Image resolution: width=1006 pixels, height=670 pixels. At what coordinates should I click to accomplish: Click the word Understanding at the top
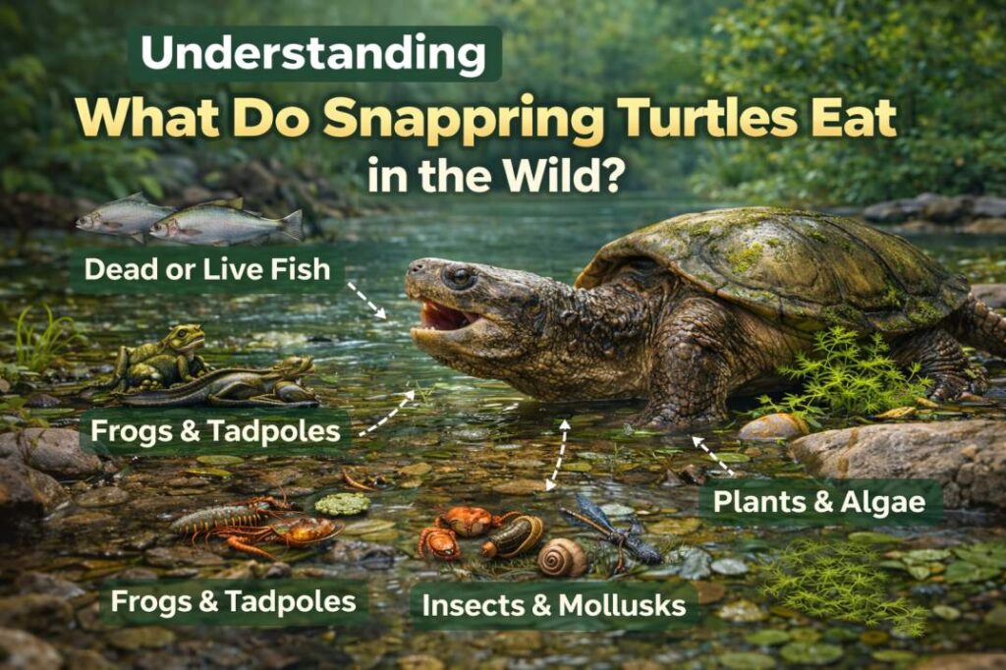(313, 54)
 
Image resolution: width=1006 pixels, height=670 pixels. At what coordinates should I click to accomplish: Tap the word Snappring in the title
(465, 119)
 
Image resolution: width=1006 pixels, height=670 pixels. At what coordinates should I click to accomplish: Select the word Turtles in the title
(710, 119)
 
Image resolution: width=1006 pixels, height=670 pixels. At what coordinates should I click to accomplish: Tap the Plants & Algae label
(819, 501)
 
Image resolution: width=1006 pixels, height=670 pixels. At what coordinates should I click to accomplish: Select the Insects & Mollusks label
(553, 605)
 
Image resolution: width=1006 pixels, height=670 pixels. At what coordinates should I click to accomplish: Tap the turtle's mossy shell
(776, 260)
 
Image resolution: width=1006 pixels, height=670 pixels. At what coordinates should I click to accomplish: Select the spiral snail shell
(562, 557)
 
